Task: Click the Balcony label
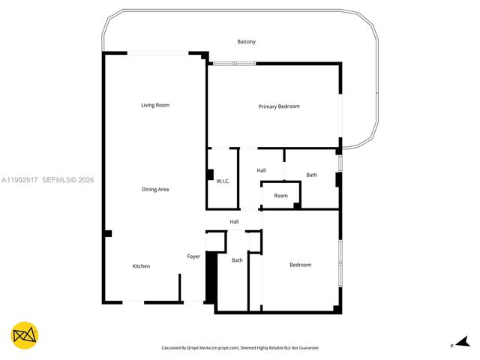246,42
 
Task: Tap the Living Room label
155,105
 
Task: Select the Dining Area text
155,190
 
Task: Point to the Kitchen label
141,266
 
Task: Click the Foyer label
193,257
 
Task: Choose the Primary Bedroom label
279,106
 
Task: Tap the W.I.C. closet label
223,181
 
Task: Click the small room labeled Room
280,196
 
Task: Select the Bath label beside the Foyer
237,260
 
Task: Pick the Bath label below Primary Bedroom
311,175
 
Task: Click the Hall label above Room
261,171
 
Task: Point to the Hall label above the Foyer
234,222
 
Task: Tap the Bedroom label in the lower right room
300,265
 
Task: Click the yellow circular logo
25,335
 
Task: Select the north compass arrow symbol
460,342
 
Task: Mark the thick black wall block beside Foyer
211,277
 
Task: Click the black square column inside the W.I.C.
210,175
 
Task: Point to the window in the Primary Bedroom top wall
233,64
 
